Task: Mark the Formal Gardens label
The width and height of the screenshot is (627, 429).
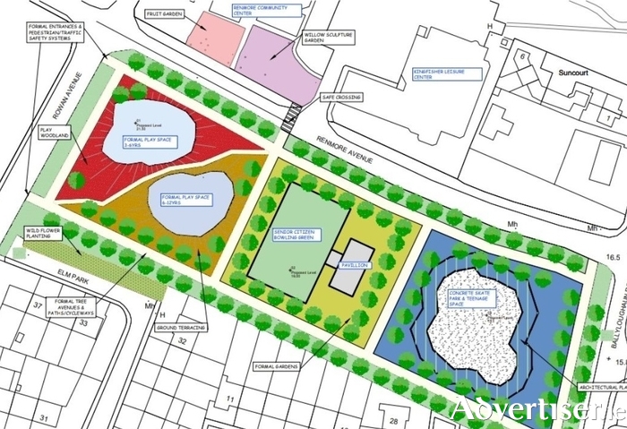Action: [275, 365]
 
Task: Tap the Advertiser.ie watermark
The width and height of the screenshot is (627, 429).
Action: [537, 410]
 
